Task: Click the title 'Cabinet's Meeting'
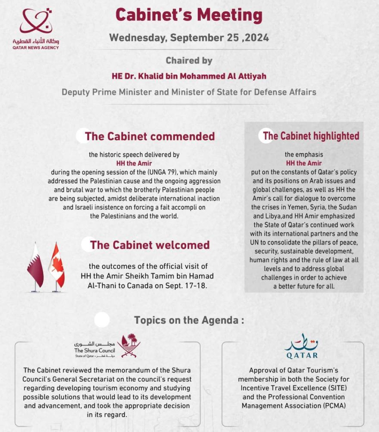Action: pyautogui.click(x=189, y=15)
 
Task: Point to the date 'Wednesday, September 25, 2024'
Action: pyautogui.click(x=189, y=38)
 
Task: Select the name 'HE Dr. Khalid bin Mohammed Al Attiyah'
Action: pyautogui.click(x=189, y=76)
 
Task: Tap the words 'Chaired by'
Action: pyautogui.click(x=189, y=60)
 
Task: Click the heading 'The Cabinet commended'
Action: pyautogui.click(x=150, y=136)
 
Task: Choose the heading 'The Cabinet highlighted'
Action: pyautogui.click(x=311, y=136)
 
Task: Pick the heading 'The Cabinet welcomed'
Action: pyautogui.click(x=150, y=245)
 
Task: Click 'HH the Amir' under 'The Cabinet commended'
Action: pyautogui.click(x=134, y=163)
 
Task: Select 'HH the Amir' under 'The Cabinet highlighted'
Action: pyautogui.click(x=304, y=163)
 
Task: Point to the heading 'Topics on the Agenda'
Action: pyautogui.click(x=189, y=320)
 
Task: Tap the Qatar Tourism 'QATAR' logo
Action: pyautogui.click(x=301, y=347)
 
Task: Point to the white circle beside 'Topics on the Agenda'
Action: pyautogui.click(x=102, y=320)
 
